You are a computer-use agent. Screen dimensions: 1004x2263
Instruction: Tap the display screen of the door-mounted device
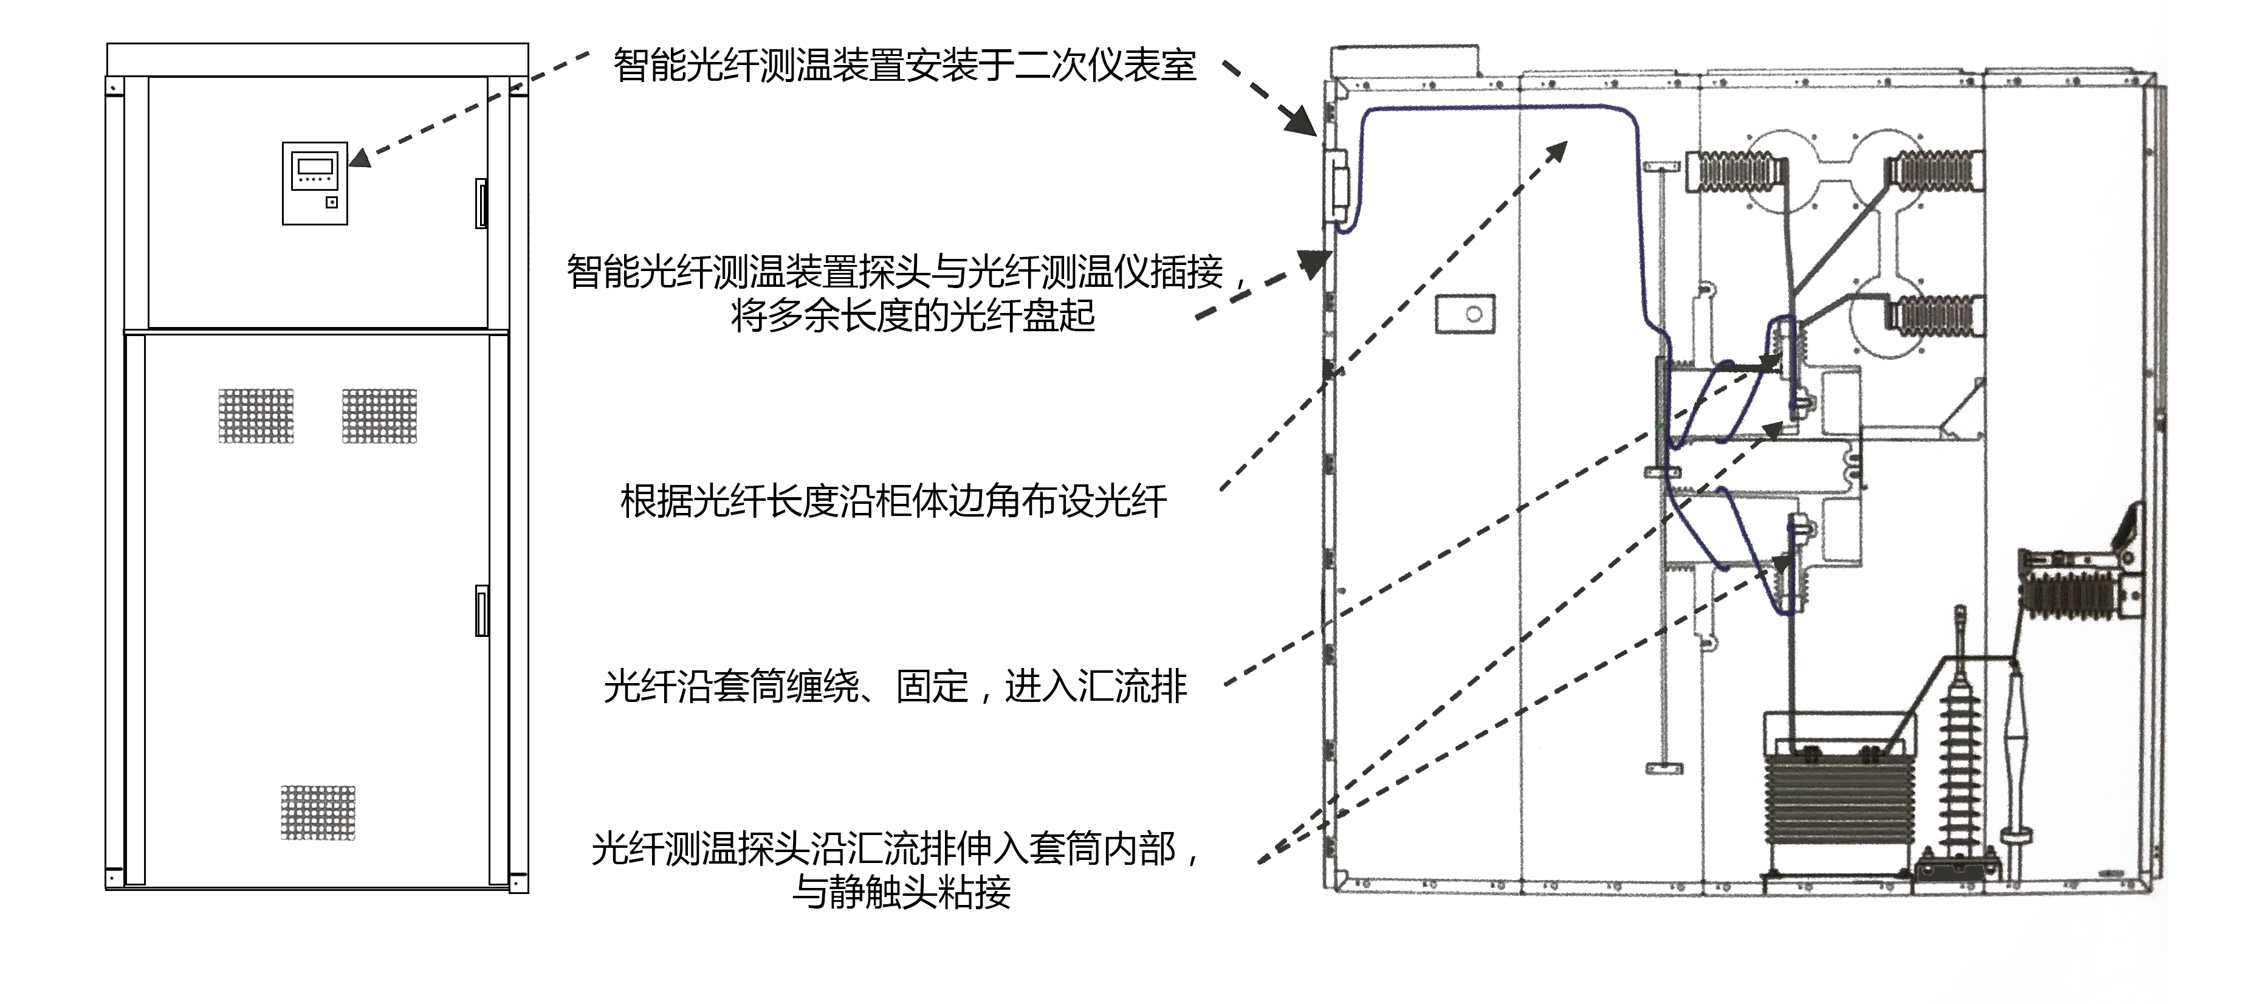tap(315, 166)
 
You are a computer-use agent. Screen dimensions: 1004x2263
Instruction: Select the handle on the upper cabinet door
tap(481, 203)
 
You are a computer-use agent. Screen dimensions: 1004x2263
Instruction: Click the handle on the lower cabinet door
tap(481, 610)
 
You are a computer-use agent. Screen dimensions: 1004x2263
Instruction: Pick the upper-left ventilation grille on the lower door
tap(256, 416)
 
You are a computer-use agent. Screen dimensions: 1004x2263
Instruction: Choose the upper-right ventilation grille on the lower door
tap(380, 416)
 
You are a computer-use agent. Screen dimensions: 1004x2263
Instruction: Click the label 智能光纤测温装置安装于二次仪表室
tap(904, 66)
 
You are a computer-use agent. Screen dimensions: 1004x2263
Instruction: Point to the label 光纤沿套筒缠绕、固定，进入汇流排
tap(895, 686)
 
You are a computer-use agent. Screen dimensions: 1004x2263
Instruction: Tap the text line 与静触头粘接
tap(901, 892)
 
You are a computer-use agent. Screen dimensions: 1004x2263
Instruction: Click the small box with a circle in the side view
tap(1465, 314)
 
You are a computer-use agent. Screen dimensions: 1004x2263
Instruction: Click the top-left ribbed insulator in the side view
tap(1735, 171)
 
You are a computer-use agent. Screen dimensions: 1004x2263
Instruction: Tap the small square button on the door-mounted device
tap(331, 203)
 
